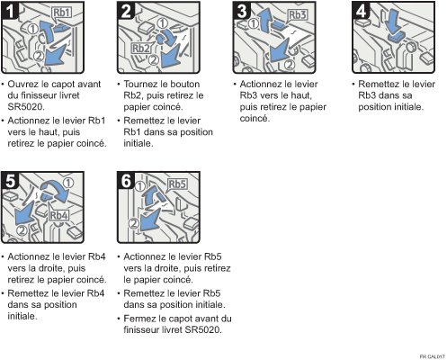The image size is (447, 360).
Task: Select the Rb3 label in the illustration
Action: point(298,15)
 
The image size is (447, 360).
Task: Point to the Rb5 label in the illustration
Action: point(176,184)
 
